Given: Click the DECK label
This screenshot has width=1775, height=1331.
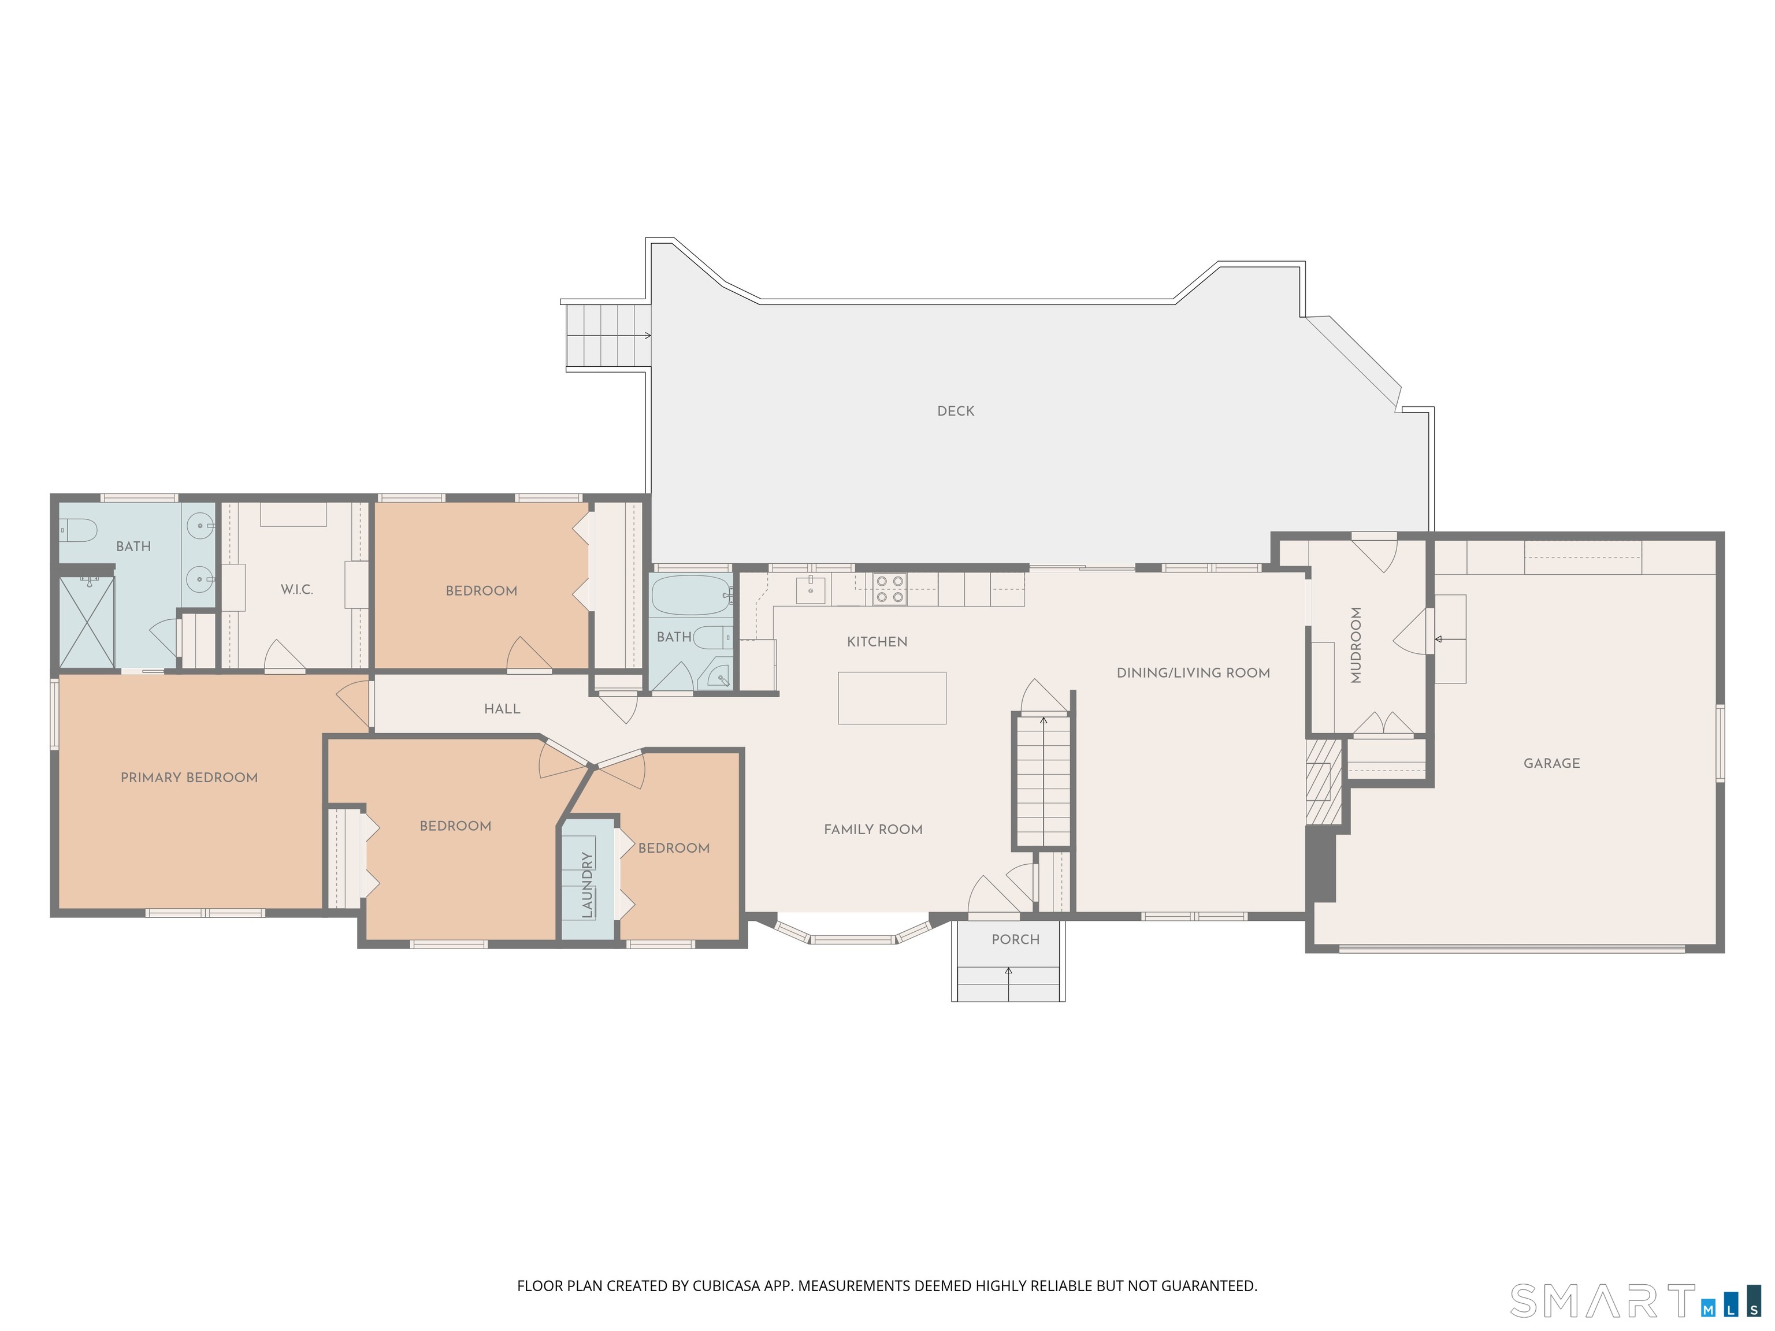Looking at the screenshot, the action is tap(956, 411).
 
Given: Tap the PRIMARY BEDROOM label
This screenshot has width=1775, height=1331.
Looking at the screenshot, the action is tap(190, 778).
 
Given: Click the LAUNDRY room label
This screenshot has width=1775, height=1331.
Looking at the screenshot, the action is tap(588, 885).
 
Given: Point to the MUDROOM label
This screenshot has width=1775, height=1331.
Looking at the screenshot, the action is tap(1356, 645).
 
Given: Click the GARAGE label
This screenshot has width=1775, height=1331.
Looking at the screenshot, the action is tap(1552, 763).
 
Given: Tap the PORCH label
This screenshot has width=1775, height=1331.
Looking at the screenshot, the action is tap(1015, 939).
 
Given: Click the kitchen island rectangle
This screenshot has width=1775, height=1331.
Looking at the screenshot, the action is tap(892, 698).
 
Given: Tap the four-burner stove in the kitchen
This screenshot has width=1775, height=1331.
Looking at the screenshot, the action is tap(890, 589).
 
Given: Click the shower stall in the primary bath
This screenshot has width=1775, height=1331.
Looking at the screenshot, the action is tap(87, 622).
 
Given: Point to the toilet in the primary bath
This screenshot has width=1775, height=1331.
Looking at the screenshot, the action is tap(78, 530).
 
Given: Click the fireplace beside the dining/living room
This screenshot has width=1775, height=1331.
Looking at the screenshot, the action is tap(1323, 780).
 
